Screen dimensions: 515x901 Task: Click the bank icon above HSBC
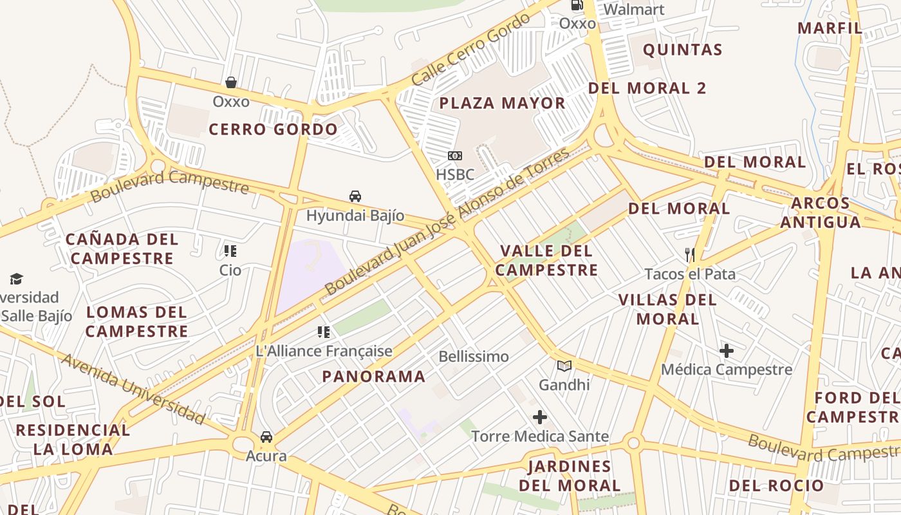tap(455, 156)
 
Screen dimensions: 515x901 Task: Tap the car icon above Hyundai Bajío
tap(355, 196)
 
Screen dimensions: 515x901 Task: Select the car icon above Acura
tap(266, 437)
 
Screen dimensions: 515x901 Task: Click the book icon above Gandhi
tap(564, 366)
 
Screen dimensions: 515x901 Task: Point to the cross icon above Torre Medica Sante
tap(539, 418)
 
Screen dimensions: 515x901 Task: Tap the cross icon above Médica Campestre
tap(727, 351)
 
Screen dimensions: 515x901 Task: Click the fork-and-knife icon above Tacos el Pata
tap(690, 255)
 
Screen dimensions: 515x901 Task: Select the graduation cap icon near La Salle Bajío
tap(16, 279)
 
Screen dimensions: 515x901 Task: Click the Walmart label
tap(634, 10)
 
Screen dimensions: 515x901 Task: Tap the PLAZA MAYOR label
tap(502, 103)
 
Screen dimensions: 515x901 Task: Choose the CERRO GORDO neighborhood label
tap(273, 129)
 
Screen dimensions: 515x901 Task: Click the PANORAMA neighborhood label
tap(374, 377)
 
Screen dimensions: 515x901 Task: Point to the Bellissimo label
tap(474, 357)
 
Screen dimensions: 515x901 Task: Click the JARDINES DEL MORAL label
tap(570, 476)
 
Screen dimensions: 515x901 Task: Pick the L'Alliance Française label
tap(324, 351)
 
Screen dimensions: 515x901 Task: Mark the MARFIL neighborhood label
tap(830, 28)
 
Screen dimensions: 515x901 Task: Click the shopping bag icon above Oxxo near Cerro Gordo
tap(231, 82)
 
